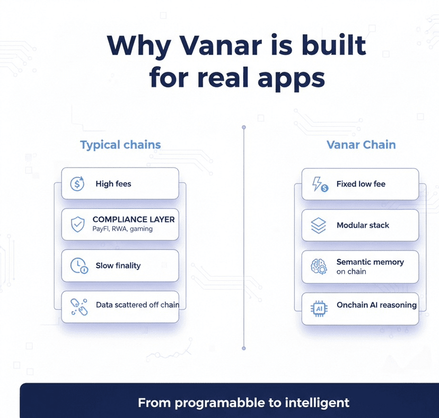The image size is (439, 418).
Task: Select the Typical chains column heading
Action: coord(120,145)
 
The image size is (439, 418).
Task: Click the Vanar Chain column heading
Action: coord(361,145)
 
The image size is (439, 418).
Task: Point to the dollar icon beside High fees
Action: coord(77,184)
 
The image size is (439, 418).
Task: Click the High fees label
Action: coord(113,184)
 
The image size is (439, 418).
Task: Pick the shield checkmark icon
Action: coord(77,224)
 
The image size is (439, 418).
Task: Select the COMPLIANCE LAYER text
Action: coord(133,219)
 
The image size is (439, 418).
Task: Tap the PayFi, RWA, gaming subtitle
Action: coord(122,229)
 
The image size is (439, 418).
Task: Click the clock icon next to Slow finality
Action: coord(78,266)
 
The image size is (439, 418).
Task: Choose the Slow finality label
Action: coord(118,266)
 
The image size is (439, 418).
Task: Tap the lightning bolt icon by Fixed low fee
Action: coord(319,185)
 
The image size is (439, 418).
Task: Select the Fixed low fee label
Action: coord(361,184)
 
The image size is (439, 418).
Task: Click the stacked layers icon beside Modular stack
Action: coord(318,225)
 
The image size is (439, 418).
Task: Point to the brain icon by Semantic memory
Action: coord(318,267)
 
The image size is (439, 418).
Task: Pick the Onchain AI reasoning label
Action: coord(376,306)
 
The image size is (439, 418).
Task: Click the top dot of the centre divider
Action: coord(244,127)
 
